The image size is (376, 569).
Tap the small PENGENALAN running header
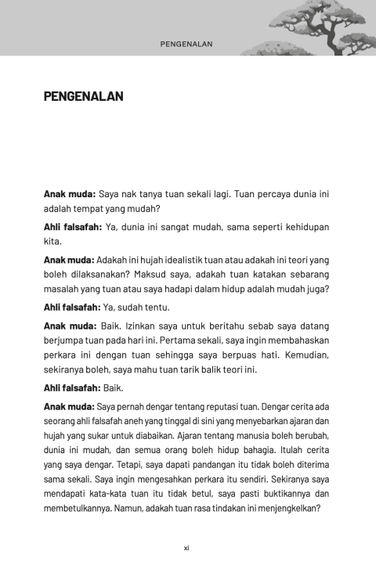pyautogui.click(x=187, y=45)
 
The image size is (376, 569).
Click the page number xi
pyautogui.click(x=186, y=547)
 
